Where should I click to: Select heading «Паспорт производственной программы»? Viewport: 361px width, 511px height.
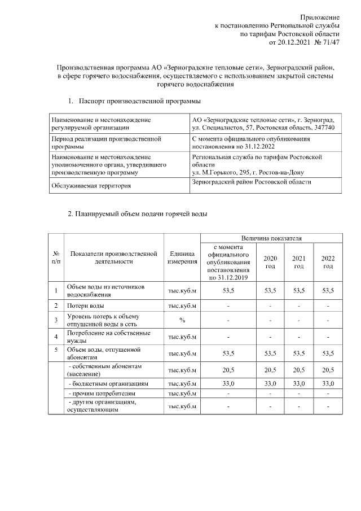140,101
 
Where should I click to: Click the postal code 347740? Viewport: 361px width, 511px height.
325,128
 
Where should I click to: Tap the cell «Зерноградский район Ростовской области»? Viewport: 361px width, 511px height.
252,182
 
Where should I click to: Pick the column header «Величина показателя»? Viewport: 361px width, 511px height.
270,239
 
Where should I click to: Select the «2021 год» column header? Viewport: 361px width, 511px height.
298,262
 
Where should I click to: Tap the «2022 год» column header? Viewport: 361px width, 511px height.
328,262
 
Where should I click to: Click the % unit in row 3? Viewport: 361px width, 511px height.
182,320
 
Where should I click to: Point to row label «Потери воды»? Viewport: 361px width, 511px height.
85,305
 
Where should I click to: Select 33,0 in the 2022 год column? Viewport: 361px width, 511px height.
328,383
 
